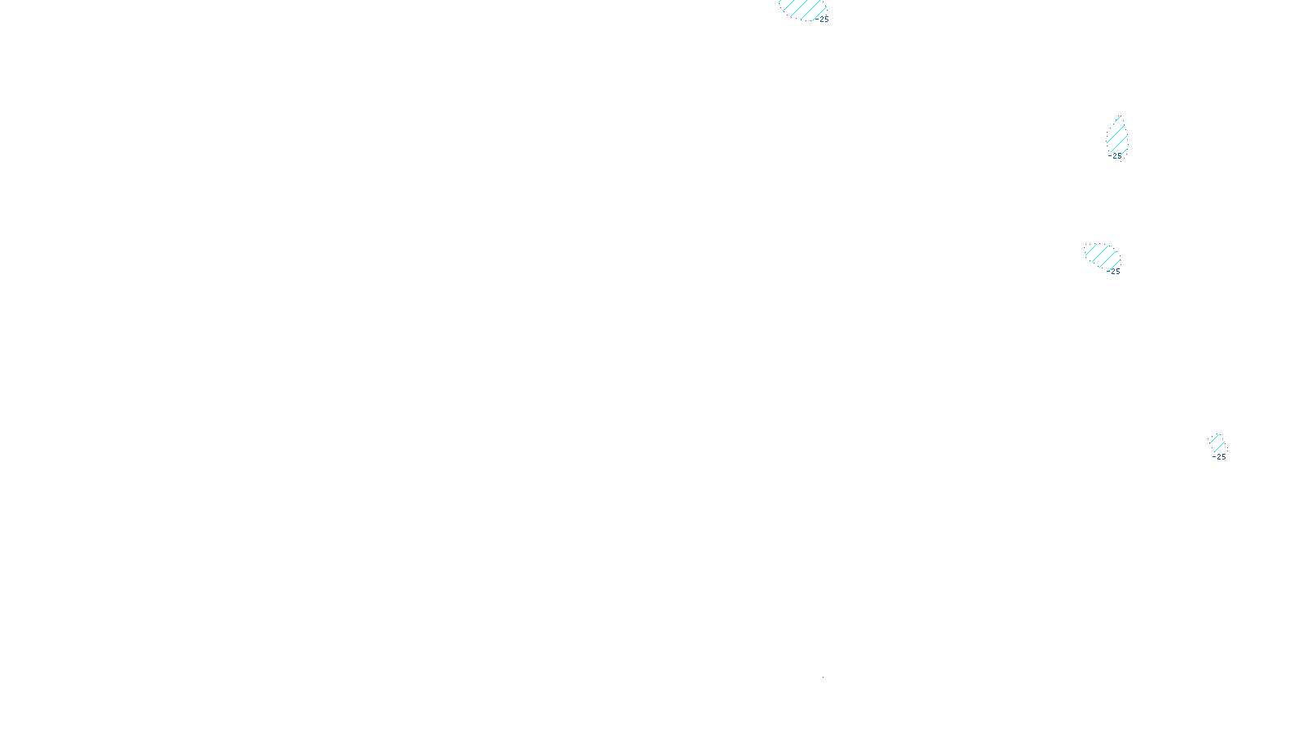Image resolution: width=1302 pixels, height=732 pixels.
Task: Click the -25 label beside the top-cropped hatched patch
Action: [x=824, y=20]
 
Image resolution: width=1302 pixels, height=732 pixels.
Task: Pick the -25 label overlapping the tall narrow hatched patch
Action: [x=1116, y=155]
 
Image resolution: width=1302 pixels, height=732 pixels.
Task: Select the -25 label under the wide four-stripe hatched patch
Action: [x=1114, y=272]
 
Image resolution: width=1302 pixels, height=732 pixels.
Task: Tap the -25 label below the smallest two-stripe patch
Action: [x=1219, y=457]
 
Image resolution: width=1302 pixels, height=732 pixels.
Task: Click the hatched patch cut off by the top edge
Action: [x=802, y=8]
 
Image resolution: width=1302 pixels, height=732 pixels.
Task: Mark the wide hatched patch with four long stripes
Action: [x=1103, y=256]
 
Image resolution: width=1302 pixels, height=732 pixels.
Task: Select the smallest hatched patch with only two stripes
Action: [x=1217, y=442]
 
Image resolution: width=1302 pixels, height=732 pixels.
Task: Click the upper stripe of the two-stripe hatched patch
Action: [x=1213, y=439]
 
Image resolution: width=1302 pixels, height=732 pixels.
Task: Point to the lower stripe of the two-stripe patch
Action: [x=1219, y=446]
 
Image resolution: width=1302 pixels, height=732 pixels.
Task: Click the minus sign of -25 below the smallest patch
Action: [x=1213, y=457]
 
